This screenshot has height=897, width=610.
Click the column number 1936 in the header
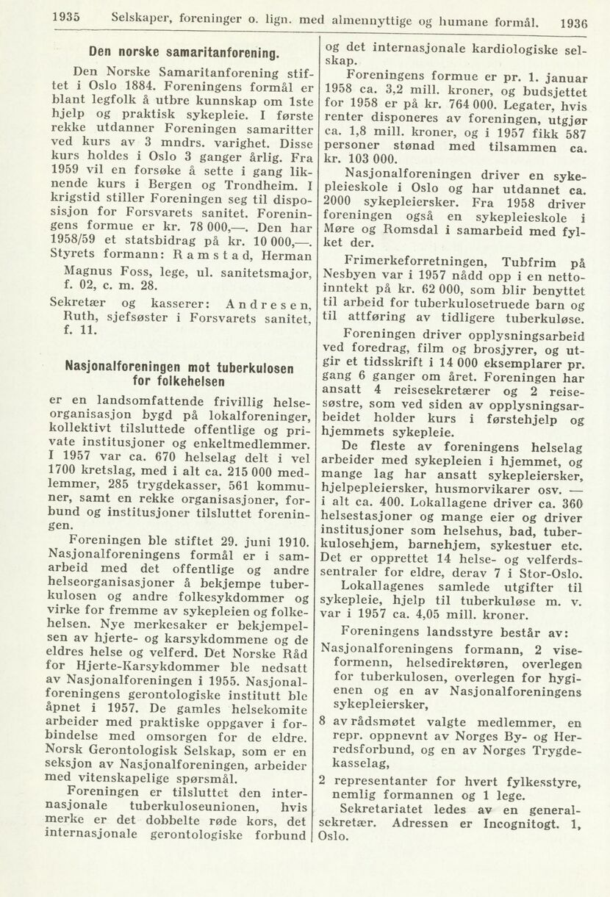575,23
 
